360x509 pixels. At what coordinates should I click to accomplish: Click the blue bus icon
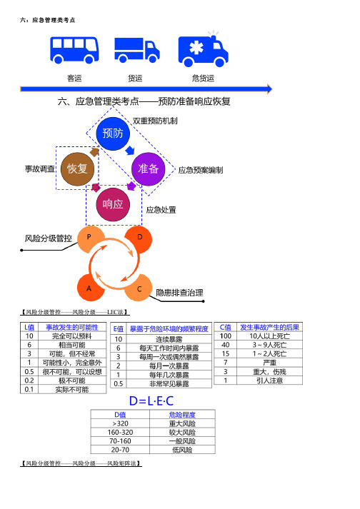[74, 50]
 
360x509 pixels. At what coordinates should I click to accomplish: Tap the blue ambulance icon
[203, 50]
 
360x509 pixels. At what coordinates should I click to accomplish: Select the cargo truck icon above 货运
[137, 50]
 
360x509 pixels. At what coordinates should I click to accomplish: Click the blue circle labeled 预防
[113, 133]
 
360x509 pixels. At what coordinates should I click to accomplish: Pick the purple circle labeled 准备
[148, 168]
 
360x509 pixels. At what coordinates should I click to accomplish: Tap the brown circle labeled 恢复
[77, 168]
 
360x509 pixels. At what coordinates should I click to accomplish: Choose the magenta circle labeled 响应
[113, 204]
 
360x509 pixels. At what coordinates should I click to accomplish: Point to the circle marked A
[89, 288]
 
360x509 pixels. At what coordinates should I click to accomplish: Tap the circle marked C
[139, 288]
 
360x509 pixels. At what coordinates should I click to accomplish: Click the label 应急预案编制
[201, 170]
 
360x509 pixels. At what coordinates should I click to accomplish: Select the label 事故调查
[40, 168]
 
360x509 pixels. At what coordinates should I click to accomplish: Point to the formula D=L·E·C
[151, 401]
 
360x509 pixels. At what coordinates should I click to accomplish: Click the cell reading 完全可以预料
[72, 336]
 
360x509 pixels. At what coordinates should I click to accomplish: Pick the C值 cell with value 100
[226, 336]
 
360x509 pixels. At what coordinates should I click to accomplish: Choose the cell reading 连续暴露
[169, 339]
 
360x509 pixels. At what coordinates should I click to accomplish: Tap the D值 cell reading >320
[120, 423]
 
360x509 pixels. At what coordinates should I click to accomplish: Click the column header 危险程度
[182, 415]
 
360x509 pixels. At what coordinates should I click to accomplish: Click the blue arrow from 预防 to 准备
[130, 151]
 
